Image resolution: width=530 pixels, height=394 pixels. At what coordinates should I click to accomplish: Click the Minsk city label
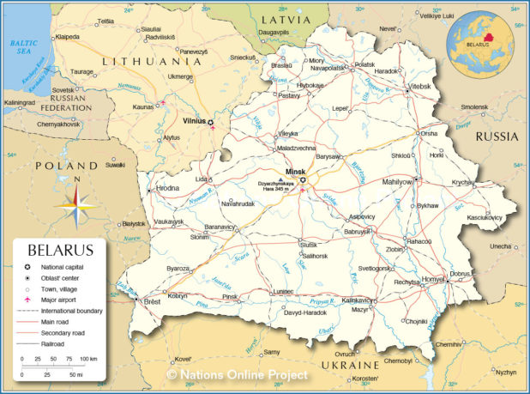click(295, 171)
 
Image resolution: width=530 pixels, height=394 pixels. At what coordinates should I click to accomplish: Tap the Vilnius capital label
click(194, 121)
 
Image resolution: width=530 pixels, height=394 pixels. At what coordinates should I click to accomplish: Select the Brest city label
click(152, 302)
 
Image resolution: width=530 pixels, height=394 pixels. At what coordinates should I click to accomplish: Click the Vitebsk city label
click(419, 87)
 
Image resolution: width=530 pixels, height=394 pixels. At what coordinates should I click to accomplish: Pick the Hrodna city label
click(168, 188)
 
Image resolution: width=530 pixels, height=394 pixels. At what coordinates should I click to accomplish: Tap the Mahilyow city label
click(397, 182)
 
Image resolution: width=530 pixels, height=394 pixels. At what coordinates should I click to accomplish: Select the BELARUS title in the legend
click(60, 251)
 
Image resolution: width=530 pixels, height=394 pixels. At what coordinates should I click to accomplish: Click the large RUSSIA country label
click(497, 136)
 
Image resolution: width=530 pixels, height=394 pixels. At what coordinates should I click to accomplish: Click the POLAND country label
click(66, 165)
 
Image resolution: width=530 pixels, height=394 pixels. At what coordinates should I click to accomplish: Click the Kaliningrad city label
click(20, 103)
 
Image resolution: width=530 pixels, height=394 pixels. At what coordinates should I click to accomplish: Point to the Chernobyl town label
click(398, 361)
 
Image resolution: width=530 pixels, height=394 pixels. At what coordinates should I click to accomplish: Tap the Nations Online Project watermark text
click(238, 375)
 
